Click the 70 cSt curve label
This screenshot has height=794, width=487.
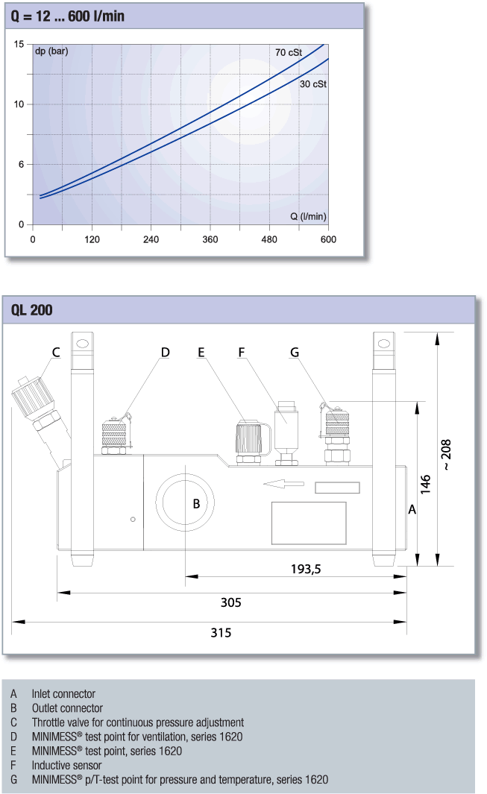pyautogui.click(x=289, y=53)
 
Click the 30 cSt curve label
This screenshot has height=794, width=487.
pyautogui.click(x=313, y=84)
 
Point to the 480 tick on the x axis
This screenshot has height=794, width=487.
pyautogui.click(x=269, y=239)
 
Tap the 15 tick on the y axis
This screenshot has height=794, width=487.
pyautogui.click(x=19, y=45)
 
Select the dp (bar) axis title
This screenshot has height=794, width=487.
pyautogui.click(x=51, y=51)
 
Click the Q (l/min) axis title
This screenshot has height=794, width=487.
pyautogui.click(x=308, y=217)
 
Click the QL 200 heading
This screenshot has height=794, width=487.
pyautogui.click(x=31, y=310)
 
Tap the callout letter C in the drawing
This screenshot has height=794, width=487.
pyautogui.click(x=56, y=353)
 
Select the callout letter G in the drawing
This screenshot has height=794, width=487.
pyautogui.click(x=295, y=353)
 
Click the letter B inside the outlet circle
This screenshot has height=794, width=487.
pyautogui.click(x=197, y=504)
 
